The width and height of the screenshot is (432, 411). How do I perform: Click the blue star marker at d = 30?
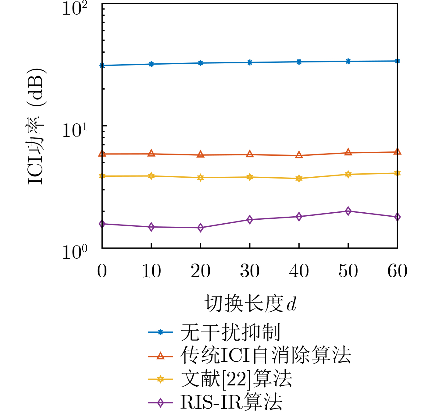click(250, 62)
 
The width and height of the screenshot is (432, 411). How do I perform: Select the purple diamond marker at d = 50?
click(348, 211)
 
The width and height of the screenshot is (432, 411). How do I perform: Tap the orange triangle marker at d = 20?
click(200, 154)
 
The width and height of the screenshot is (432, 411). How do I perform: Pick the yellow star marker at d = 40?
click(299, 179)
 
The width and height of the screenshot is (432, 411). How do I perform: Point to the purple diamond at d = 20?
click(200, 228)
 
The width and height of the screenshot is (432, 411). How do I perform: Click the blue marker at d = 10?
click(151, 64)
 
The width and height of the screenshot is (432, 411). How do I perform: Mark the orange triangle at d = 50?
click(348, 152)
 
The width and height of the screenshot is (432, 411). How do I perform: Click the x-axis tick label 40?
click(299, 271)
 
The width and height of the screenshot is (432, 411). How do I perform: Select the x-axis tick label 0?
click(102, 271)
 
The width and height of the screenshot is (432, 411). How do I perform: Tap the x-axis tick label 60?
click(397, 271)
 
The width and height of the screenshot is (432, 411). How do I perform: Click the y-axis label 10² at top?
click(74, 8)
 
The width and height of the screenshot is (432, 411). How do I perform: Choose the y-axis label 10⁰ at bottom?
click(74, 253)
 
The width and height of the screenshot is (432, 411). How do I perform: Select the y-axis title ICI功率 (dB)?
click(36, 126)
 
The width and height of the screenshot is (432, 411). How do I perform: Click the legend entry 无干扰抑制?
click(230, 332)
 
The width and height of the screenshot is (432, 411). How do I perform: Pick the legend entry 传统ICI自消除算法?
click(265, 355)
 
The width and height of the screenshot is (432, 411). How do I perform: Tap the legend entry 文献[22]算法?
click(236, 379)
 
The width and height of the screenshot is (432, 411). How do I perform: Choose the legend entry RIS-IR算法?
click(231, 402)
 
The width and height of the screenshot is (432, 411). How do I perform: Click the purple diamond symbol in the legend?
click(160, 403)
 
